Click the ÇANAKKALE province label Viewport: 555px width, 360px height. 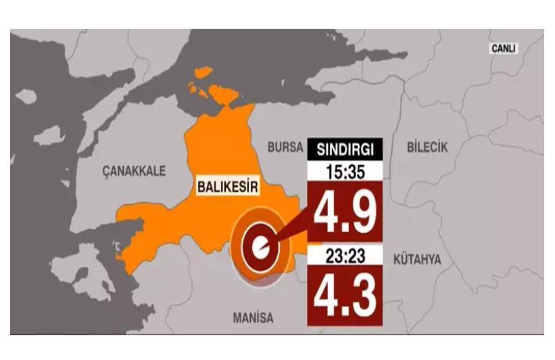(x=134, y=171)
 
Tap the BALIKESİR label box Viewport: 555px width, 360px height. (x=227, y=186)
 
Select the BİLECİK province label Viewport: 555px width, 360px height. (x=427, y=147)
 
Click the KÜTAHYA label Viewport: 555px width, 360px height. (x=416, y=259)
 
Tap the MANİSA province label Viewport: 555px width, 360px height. (x=253, y=317)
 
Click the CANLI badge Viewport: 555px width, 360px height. (x=503, y=49)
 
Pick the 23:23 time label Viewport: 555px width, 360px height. (x=345, y=256)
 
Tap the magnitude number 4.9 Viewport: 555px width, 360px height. (x=345, y=211)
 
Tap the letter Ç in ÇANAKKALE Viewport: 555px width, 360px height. (x=106, y=172)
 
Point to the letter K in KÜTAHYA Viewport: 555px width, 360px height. (x=395, y=259)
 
